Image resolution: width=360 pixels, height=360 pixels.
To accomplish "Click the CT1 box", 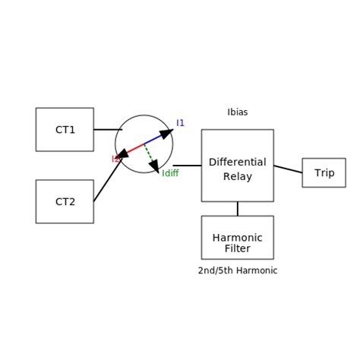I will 65,129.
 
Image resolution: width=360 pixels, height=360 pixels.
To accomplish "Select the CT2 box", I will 65,201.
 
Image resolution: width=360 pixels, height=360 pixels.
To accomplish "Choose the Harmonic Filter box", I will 237,237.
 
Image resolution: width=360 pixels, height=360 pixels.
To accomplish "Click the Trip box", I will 324,172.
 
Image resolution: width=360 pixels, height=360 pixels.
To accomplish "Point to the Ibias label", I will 238,112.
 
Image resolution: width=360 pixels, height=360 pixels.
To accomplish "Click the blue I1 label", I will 181,123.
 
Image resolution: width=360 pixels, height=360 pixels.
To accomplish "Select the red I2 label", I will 115,159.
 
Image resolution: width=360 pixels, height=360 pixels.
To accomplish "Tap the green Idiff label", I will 170,174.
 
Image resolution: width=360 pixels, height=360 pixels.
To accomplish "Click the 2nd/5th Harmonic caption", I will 238,271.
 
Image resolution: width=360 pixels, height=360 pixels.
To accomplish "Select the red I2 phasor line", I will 132,150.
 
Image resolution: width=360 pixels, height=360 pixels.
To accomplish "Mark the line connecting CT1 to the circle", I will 107,129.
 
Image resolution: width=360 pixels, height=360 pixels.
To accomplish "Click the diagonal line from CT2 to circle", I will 106,182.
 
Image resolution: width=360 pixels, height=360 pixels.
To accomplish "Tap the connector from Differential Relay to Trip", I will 288,169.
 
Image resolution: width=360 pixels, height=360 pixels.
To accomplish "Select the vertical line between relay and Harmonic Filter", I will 237,208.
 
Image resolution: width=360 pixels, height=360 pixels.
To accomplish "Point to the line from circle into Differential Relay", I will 187,165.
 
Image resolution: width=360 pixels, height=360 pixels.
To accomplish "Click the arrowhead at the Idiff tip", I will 154,166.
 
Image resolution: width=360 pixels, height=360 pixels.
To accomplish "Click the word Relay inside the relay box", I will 237,177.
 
